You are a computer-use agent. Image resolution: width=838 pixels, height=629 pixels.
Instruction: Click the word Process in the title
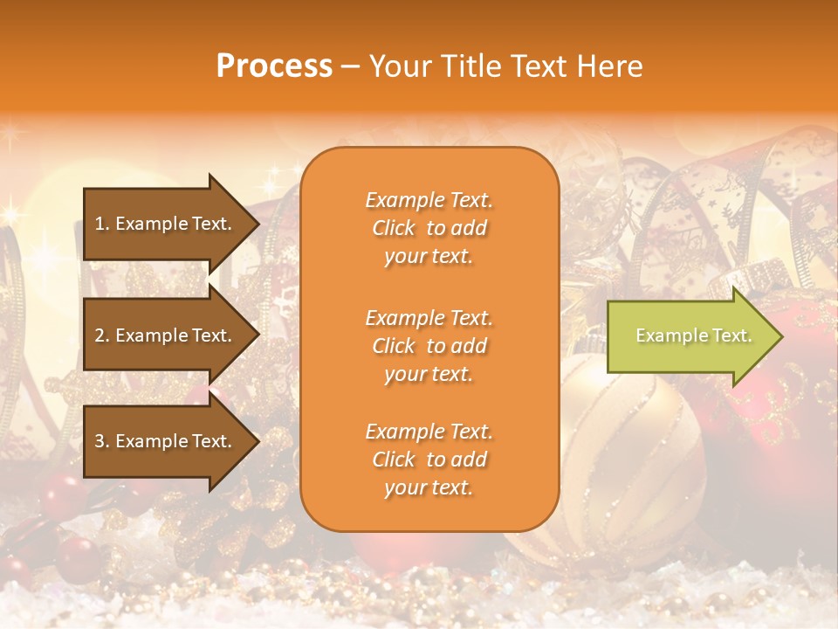(x=274, y=66)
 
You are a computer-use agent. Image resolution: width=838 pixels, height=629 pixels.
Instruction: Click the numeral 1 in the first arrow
(x=100, y=224)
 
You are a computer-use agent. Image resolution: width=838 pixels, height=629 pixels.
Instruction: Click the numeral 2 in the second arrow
(x=100, y=335)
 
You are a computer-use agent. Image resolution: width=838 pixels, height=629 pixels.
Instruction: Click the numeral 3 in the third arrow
(x=100, y=442)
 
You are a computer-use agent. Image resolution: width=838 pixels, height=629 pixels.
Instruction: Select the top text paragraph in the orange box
(x=429, y=228)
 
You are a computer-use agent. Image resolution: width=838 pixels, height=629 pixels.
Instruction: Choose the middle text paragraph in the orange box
(x=429, y=346)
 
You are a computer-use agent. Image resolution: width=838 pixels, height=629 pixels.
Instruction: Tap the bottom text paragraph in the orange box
(x=429, y=460)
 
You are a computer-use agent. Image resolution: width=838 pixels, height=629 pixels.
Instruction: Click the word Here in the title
(x=610, y=66)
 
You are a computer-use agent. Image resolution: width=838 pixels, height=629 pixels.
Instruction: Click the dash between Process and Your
(x=351, y=67)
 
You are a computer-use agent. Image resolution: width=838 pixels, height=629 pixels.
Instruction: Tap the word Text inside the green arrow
(x=731, y=335)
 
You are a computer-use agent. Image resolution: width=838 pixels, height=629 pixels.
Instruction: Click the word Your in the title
(x=397, y=66)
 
